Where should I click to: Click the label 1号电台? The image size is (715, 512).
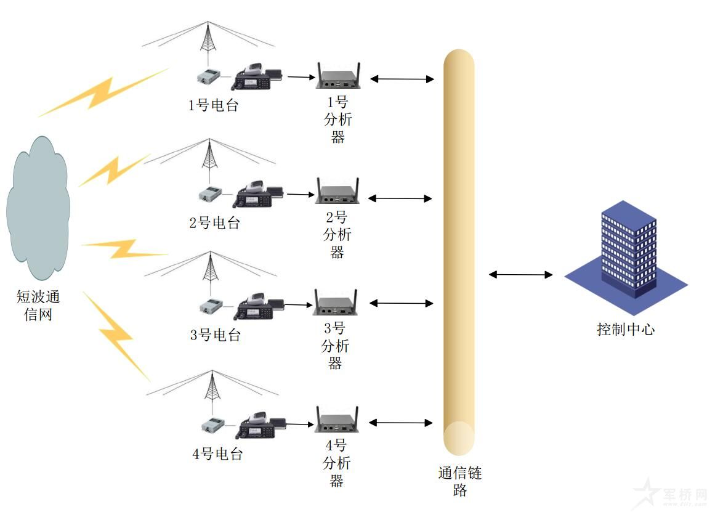click(213, 105)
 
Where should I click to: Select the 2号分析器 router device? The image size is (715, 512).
click(337, 192)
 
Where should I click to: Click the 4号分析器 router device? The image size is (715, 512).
click(337, 420)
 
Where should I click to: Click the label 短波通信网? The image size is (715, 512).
click(38, 306)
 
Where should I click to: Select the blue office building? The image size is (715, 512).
click(628, 250)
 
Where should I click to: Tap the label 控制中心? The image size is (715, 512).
click(626, 330)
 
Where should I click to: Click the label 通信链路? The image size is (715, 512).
click(459, 482)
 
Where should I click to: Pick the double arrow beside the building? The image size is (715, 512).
click(520, 274)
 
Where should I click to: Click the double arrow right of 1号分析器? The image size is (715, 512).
click(402, 79)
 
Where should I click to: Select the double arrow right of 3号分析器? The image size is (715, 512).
click(402, 303)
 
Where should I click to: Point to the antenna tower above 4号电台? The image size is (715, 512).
click(213, 387)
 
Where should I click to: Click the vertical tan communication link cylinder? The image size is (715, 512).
click(459, 246)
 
